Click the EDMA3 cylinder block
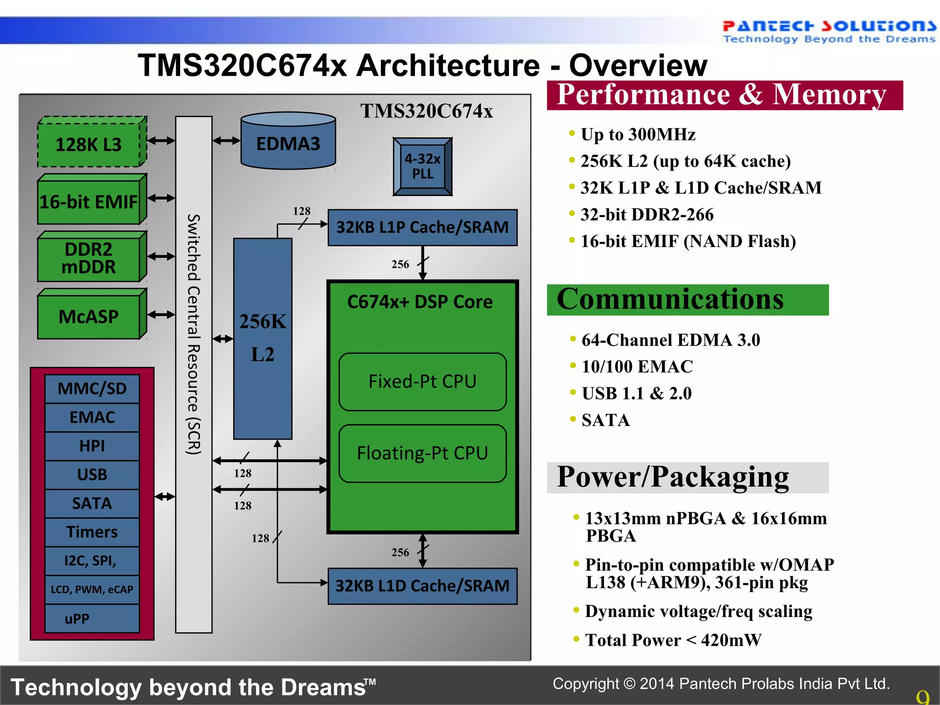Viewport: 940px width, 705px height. point(288,142)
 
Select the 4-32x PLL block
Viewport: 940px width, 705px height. point(422,167)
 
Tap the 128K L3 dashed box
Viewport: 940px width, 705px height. point(89,145)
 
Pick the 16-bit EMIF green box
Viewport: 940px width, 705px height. point(89,201)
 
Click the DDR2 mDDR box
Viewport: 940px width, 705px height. point(89,258)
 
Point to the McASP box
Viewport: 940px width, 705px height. point(89,316)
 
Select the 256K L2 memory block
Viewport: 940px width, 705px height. point(263,338)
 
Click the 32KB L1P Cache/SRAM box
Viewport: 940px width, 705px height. point(422,228)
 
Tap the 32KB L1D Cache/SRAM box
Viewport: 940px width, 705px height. point(422,586)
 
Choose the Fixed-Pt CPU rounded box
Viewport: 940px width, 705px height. point(422,381)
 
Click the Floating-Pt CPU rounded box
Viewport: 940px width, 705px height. point(422,453)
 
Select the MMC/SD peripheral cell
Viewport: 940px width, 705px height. point(92,389)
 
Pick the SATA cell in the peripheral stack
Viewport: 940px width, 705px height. point(92,504)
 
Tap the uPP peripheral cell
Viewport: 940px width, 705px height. point(92,619)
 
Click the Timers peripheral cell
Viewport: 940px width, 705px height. point(92,532)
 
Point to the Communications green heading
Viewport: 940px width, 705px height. point(687,300)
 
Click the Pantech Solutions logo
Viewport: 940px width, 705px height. point(828,31)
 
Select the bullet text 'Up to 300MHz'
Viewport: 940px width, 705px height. point(638,134)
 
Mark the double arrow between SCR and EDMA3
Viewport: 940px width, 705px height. point(226,140)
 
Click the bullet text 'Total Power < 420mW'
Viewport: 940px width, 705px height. point(673,640)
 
